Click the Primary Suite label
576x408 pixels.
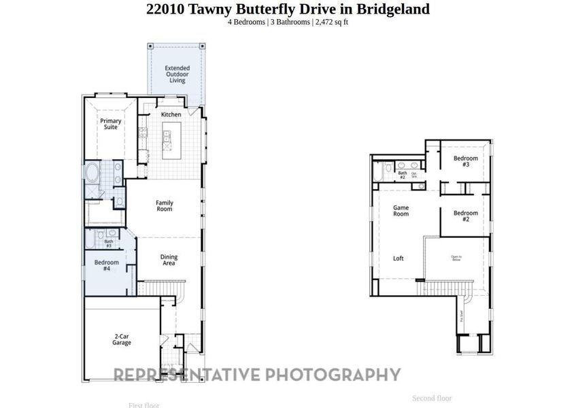tap(111, 124)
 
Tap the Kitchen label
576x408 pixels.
tap(171, 115)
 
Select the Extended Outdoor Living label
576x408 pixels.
tap(177, 74)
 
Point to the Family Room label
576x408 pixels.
tap(164, 206)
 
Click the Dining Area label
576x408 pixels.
tap(169, 260)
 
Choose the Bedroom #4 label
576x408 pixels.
tap(106, 265)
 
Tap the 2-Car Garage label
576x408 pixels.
tap(122, 339)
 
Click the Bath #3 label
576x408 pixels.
tap(108, 243)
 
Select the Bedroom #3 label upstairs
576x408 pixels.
tap(465, 161)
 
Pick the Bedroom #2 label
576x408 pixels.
tap(465, 216)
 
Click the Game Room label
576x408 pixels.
tap(401, 211)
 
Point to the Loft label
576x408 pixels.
tap(399, 258)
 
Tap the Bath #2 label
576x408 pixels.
tap(402, 175)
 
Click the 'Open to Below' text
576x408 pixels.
tap(456, 258)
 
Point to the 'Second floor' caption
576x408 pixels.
tap(432, 398)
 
